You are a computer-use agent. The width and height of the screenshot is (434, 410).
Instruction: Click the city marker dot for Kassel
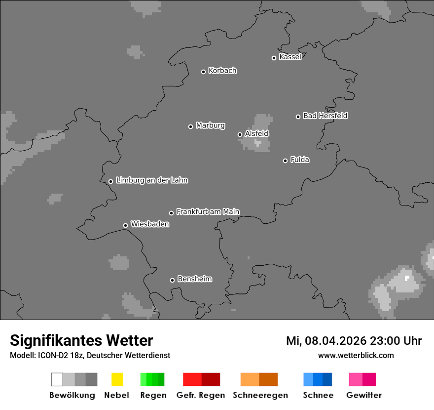point(274,58)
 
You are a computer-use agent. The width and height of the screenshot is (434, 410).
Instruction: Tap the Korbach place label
point(222,71)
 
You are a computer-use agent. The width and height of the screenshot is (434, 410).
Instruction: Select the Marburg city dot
point(190,126)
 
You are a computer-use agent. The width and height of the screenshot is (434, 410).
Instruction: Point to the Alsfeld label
point(256,133)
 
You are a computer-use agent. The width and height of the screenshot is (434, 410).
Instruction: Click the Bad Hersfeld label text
point(325,116)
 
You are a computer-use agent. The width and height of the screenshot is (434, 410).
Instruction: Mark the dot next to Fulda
point(285,161)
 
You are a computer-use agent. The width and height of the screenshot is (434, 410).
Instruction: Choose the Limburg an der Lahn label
point(151,180)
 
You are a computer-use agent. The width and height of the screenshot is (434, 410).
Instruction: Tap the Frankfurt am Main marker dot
point(172,213)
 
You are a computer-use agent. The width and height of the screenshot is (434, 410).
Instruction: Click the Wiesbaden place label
point(150,224)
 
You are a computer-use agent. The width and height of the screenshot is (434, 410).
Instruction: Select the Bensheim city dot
point(172,280)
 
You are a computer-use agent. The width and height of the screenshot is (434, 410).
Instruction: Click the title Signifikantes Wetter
point(81,340)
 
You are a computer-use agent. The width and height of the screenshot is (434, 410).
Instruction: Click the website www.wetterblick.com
point(356,355)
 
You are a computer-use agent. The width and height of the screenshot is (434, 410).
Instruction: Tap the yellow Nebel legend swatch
point(117,379)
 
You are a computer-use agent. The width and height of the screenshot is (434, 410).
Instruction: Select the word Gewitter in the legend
point(364,395)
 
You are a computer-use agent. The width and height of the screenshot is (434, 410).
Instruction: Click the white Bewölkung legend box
point(57,379)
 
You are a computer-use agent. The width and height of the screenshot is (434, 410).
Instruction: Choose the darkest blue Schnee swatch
point(327,379)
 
